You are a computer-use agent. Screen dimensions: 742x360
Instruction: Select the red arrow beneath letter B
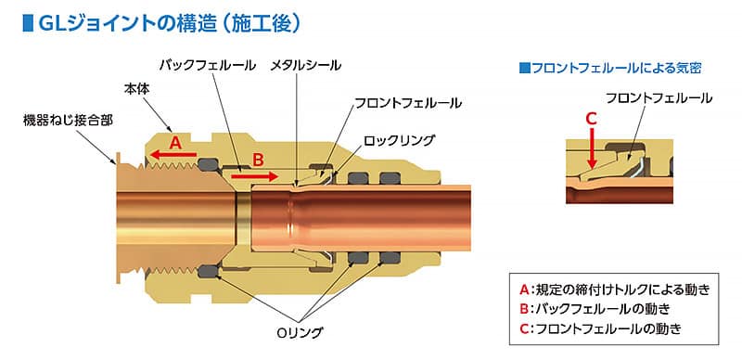point(253,174)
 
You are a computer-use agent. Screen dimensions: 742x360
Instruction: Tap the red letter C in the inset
point(591,118)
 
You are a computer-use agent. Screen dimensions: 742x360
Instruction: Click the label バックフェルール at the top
point(207,66)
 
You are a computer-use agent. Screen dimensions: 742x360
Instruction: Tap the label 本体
point(136,88)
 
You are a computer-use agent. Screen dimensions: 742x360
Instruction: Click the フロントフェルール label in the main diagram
point(408,102)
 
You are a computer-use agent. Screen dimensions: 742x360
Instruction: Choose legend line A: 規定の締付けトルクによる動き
point(617,288)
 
